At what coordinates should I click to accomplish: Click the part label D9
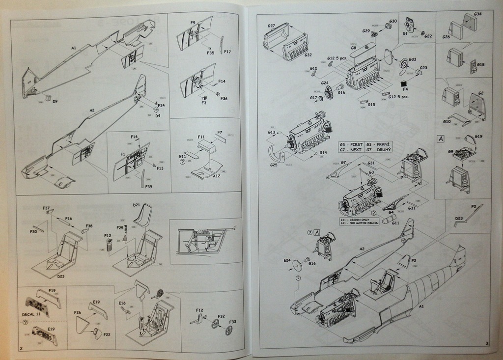click(x=55, y=101)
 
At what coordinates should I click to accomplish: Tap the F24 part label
click(x=161, y=105)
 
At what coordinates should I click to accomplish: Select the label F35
click(x=211, y=53)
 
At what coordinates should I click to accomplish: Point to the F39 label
click(x=149, y=187)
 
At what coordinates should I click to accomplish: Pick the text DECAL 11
click(x=32, y=313)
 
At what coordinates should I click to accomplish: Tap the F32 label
click(x=222, y=316)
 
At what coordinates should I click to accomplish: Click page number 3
click(x=485, y=343)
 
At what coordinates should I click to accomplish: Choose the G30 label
click(x=393, y=22)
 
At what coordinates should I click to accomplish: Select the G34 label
click(x=478, y=14)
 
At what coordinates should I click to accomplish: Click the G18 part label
click(x=480, y=64)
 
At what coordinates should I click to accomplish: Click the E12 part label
click(x=108, y=235)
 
